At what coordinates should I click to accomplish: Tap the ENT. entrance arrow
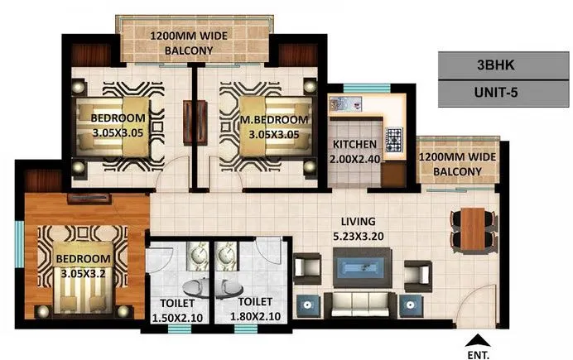pyautogui.click(x=474, y=339)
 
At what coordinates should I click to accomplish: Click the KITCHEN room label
pyautogui.click(x=356, y=143)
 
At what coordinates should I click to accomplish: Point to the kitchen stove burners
pyautogui.click(x=392, y=137)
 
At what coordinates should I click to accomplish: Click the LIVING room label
pyautogui.click(x=359, y=222)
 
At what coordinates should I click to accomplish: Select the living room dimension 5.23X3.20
pyautogui.click(x=359, y=234)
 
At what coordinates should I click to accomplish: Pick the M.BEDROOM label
pyautogui.click(x=274, y=120)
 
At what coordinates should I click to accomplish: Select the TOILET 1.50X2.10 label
pyautogui.click(x=176, y=308)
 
